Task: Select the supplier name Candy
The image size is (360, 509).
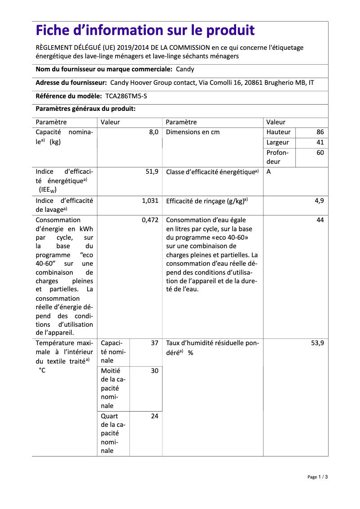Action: (x=185, y=70)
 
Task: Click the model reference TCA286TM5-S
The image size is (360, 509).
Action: (x=126, y=96)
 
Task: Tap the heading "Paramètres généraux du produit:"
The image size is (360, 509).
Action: (x=85, y=109)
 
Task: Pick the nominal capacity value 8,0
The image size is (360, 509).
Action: (x=154, y=132)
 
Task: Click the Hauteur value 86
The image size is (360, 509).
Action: (x=320, y=132)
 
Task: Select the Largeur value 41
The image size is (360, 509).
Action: (x=320, y=143)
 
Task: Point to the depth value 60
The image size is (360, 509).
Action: (x=320, y=153)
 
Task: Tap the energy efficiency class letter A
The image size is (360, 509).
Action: (x=268, y=172)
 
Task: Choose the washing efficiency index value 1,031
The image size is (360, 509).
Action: (x=150, y=201)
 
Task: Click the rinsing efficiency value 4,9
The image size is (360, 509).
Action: (x=319, y=201)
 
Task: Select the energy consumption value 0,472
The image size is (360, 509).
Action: (x=150, y=220)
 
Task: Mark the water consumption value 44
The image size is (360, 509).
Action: (x=320, y=220)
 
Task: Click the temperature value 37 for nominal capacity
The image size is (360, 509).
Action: (x=154, y=343)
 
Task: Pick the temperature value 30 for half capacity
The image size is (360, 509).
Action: (x=154, y=371)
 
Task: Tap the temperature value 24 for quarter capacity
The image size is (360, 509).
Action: (x=154, y=417)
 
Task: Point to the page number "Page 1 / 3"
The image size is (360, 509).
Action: (x=317, y=477)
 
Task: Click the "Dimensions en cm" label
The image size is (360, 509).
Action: (x=193, y=132)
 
